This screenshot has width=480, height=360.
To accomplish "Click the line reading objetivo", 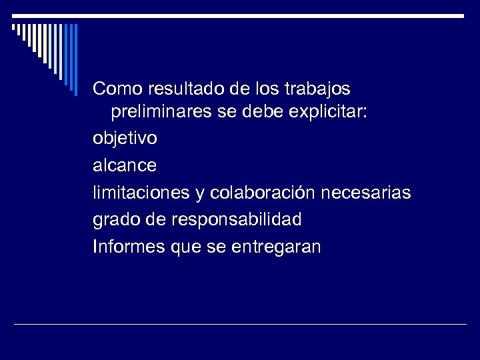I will coord(125,140).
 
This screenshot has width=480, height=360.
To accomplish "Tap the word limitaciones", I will coord(141,193).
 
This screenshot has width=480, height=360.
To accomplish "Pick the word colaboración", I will coord(263,193).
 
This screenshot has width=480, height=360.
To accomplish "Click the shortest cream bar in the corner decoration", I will coord(14,28).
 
